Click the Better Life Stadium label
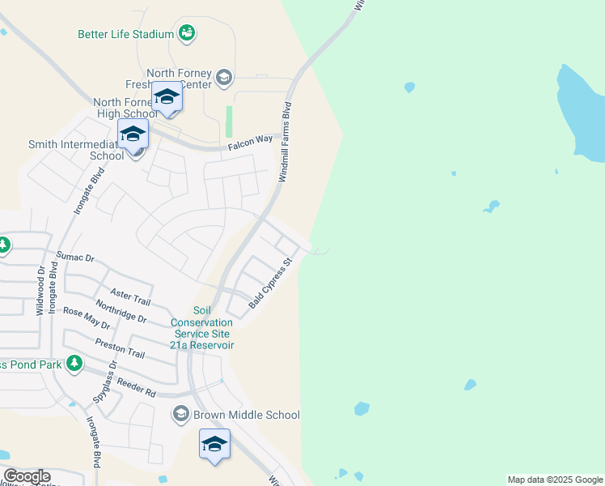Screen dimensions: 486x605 [125, 34]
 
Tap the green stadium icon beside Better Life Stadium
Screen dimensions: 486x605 [188, 33]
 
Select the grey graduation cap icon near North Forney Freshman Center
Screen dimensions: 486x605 [224, 79]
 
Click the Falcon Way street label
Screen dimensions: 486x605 [250, 140]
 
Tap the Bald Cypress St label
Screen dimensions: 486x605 [269, 283]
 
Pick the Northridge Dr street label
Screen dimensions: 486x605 [121, 313]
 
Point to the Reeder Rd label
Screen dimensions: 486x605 [136, 386]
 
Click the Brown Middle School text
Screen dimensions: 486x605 [246, 415]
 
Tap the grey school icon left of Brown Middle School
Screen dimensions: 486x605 [180, 415]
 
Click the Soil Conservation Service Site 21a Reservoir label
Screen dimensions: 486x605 [201, 328]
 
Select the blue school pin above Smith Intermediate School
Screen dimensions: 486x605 [133, 134]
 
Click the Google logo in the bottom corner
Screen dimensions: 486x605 [26, 476]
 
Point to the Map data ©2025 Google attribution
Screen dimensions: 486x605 [555, 480]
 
